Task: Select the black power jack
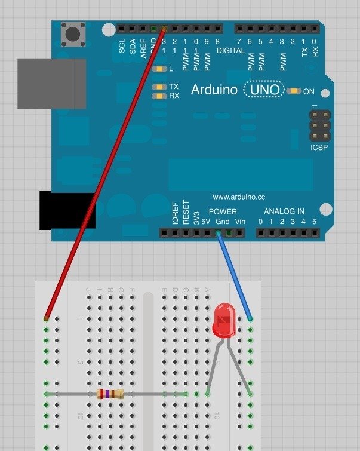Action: point(60,210)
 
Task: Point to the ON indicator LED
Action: point(294,91)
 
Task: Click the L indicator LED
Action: point(159,69)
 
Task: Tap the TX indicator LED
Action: point(159,87)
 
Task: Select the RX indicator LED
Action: point(159,96)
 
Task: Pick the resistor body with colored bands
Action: point(110,394)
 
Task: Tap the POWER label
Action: point(223,211)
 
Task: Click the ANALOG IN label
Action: point(285,211)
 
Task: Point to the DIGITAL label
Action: point(230,51)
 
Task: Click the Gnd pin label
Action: point(222,222)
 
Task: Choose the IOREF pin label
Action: point(175,213)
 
